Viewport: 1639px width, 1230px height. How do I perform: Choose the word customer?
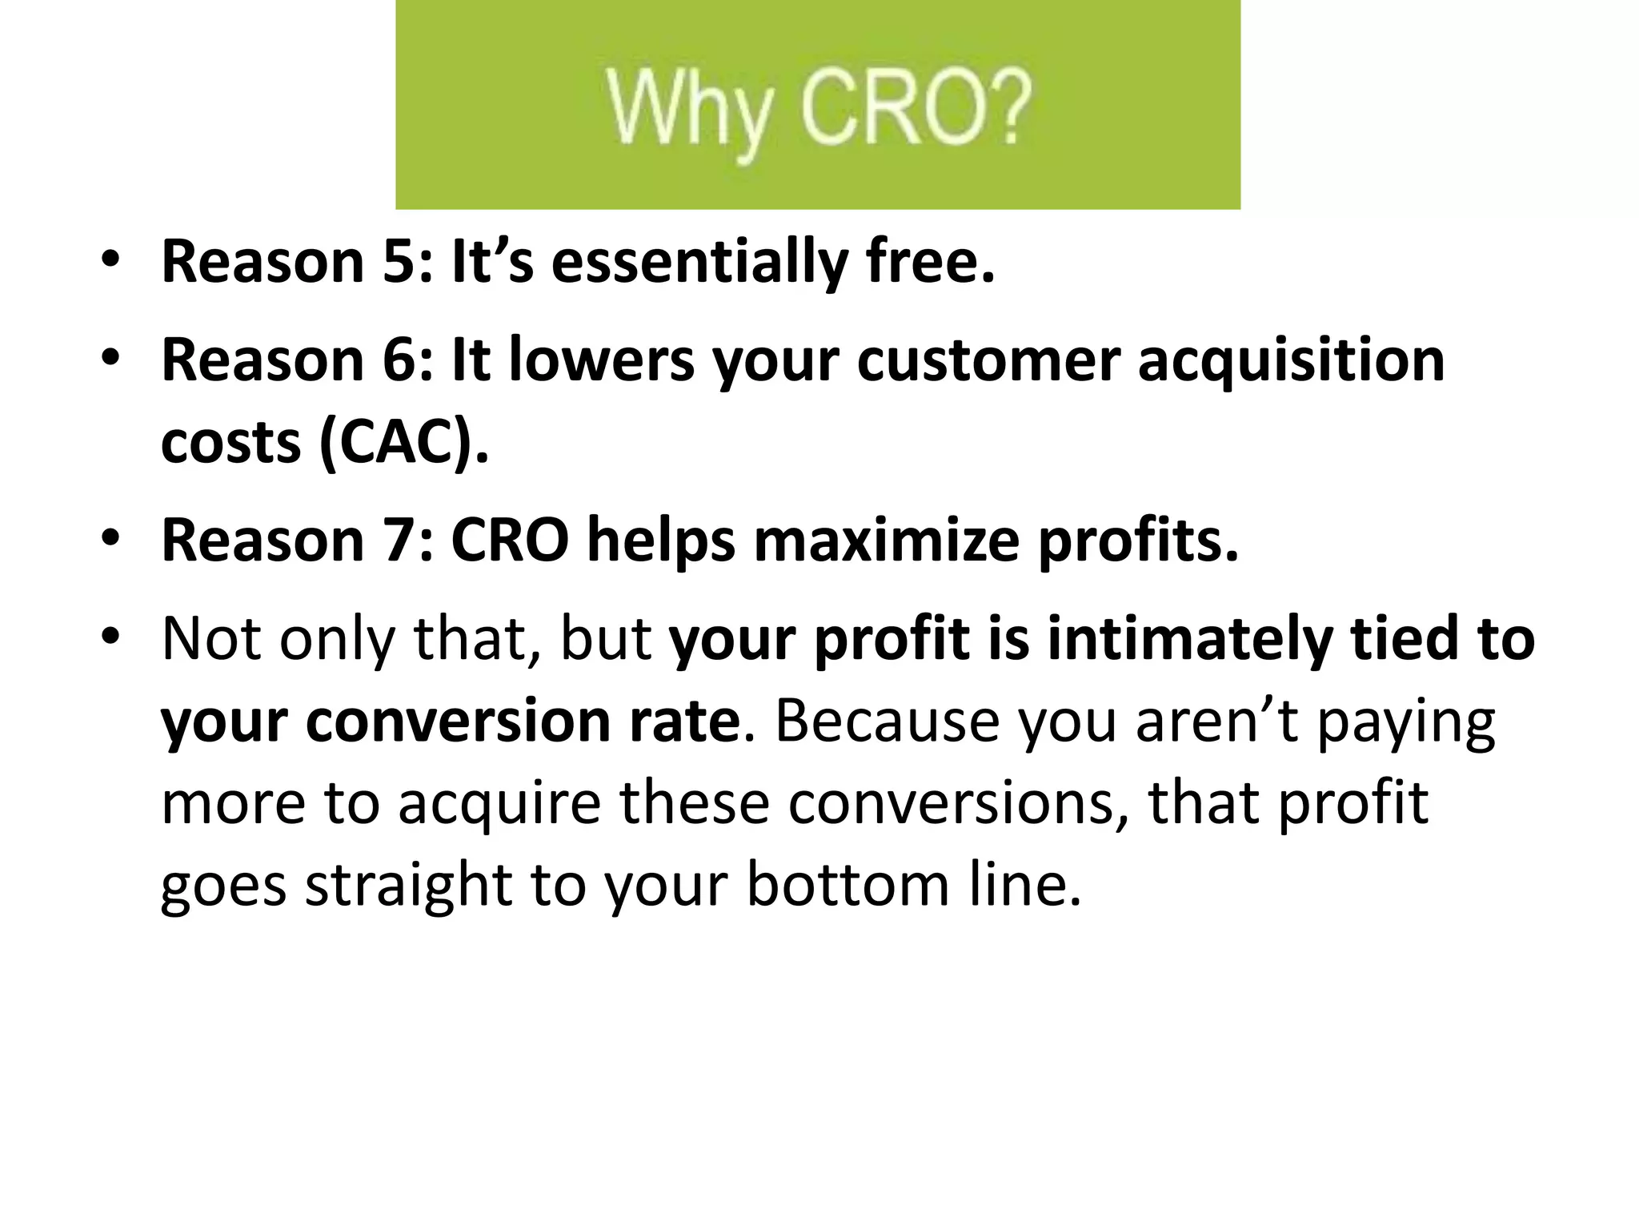coord(988,360)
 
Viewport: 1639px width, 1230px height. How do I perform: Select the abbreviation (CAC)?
coord(403,443)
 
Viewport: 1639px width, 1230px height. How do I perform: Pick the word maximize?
coord(887,540)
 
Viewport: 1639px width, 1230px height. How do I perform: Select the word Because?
coord(888,721)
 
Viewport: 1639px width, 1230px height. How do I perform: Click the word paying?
coord(1405,722)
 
